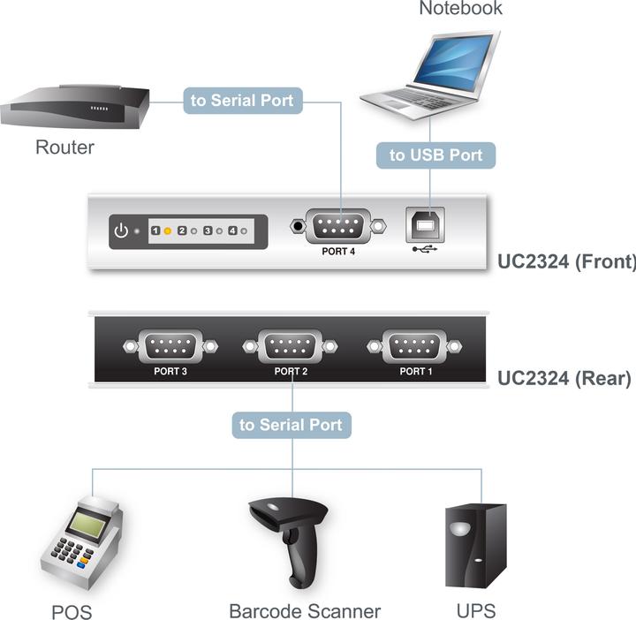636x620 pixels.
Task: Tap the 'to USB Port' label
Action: tap(436, 155)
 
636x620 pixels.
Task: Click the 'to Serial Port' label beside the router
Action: tap(242, 100)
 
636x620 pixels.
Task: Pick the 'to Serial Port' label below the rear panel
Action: tap(291, 425)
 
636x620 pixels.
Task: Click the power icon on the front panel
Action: tap(122, 231)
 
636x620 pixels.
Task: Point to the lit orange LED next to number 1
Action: tap(168, 231)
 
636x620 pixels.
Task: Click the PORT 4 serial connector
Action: tap(339, 226)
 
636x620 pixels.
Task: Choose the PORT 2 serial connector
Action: tap(291, 344)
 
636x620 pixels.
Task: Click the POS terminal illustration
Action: tap(80, 546)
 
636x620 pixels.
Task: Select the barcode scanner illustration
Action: tap(291, 539)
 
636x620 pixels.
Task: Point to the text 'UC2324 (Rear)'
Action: tap(564, 379)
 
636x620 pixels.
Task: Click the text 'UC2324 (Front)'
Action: tap(566, 261)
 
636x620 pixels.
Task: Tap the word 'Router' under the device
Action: tap(64, 147)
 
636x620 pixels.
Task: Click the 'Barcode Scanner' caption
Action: tap(305, 610)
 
